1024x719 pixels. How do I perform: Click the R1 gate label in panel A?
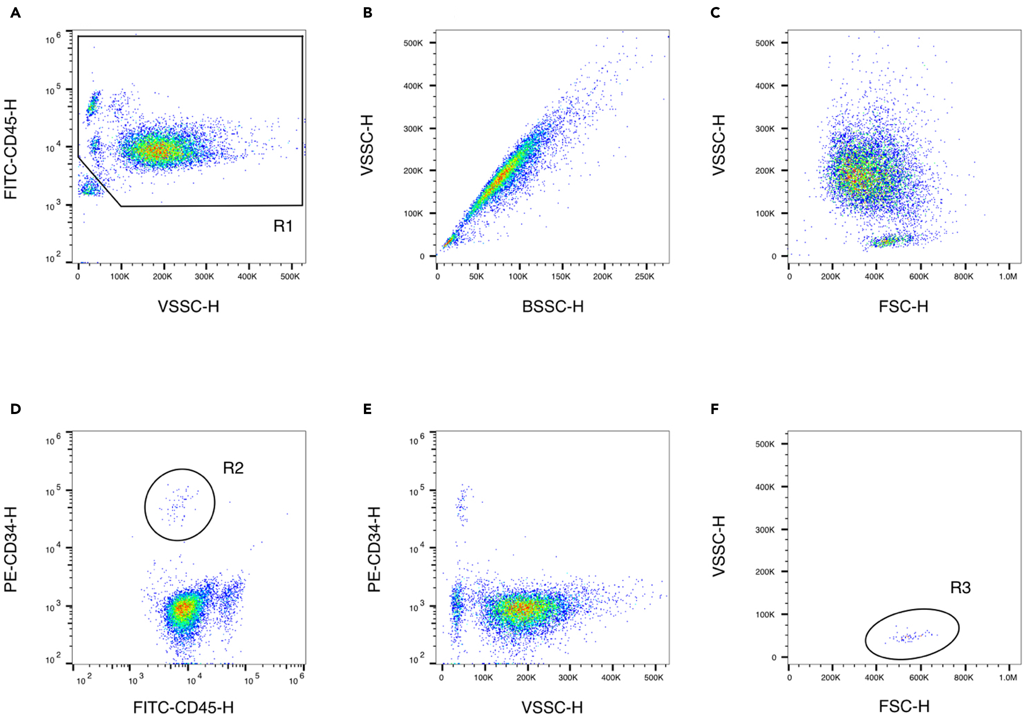283,226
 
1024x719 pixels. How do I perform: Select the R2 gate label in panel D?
233,468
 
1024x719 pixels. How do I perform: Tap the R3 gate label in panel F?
960,587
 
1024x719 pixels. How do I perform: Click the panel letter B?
368,13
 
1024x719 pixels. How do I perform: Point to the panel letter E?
368,409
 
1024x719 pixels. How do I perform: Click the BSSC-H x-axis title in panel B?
553,306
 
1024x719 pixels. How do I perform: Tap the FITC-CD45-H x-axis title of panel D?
183,707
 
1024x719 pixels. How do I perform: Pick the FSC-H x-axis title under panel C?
904,306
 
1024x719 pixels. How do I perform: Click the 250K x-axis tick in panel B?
645,276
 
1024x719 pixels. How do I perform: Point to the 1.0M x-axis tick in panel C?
1008,276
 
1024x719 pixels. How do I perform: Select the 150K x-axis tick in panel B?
561,276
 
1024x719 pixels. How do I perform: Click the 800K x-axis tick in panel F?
963,677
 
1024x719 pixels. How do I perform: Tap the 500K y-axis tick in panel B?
413,43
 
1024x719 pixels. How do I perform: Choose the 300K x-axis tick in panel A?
204,276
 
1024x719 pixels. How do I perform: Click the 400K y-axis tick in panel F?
765,487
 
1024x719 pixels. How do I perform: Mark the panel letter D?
15,409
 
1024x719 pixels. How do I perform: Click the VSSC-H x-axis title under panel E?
552,707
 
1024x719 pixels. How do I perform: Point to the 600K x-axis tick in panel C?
919,276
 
